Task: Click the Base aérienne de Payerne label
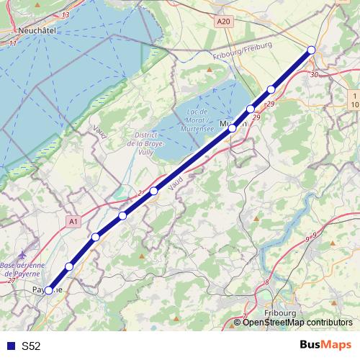coord(23,269)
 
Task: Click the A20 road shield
coord(223,22)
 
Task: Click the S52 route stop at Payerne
coord(48,291)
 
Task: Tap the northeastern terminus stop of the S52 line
coord(312,50)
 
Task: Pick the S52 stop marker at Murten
coord(233,127)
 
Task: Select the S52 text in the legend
coord(31,346)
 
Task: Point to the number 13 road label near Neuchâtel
coord(66,14)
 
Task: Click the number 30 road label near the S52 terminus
coord(313,74)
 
